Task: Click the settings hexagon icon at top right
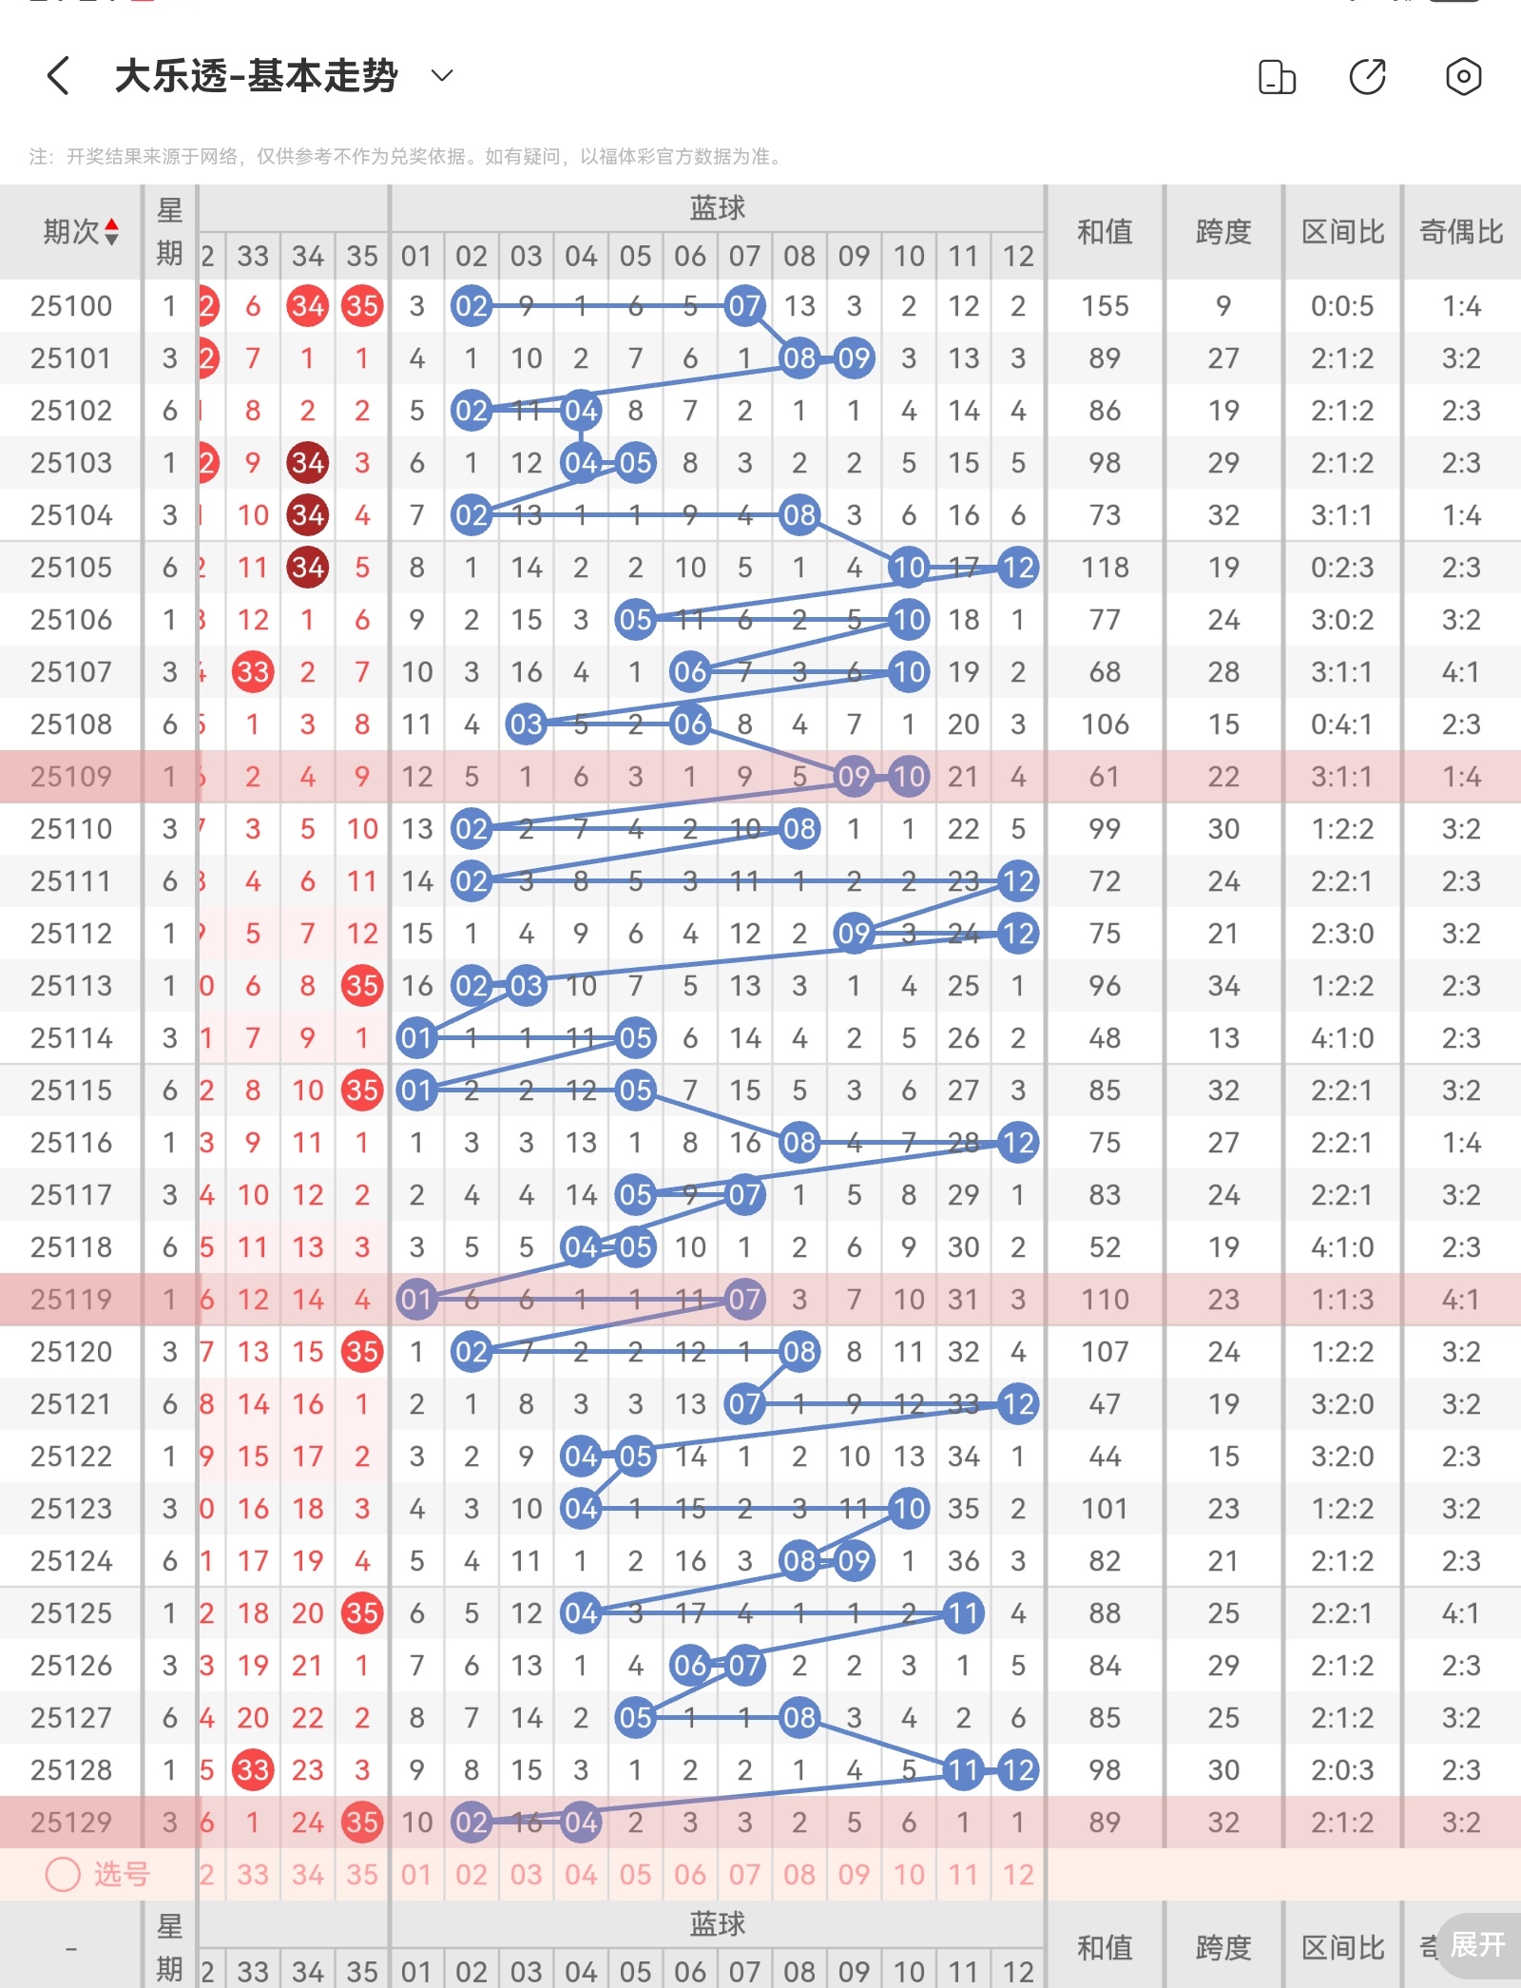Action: (1463, 76)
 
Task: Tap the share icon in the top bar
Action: (1367, 76)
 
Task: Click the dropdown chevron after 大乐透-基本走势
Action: (442, 75)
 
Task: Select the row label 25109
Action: (71, 777)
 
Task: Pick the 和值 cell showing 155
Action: (1105, 306)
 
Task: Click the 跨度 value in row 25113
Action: (1223, 986)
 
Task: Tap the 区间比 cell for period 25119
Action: (1342, 1300)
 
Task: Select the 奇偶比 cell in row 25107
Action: (1461, 672)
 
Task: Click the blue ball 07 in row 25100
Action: (744, 306)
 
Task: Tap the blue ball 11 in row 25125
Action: (963, 1613)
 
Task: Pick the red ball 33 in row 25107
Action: (253, 672)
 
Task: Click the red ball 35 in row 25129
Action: (362, 1823)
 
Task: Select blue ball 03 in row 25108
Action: (526, 724)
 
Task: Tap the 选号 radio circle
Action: (63, 1875)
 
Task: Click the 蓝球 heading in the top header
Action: (718, 208)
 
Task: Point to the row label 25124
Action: (71, 1561)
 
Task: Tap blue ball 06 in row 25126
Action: (690, 1666)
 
